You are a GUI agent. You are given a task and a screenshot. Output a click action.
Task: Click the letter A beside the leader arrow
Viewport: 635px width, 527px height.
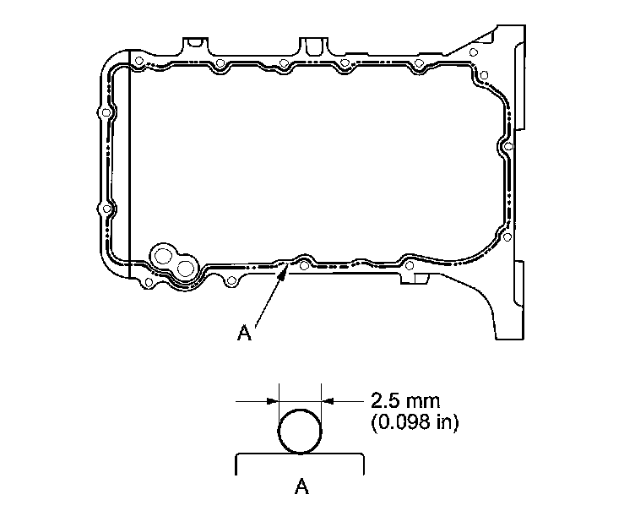click(244, 333)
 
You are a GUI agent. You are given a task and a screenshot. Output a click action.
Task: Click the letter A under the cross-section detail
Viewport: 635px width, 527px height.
click(301, 486)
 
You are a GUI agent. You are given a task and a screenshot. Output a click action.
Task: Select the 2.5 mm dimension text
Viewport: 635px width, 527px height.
click(405, 401)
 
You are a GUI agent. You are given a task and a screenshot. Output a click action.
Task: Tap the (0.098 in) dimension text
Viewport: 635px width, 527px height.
click(415, 422)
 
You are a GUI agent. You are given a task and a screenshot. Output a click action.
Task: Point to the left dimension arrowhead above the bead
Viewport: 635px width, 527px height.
click(273, 401)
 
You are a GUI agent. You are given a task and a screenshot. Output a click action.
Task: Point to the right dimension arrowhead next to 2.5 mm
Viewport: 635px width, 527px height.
click(328, 401)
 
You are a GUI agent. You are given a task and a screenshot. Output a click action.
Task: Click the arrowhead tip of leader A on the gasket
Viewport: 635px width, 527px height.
click(288, 263)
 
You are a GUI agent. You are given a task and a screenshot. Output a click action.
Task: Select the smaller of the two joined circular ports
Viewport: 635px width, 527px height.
click(186, 269)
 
